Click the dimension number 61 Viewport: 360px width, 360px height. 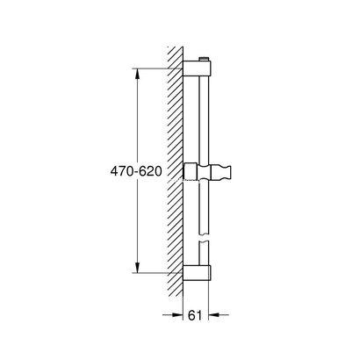(202, 313)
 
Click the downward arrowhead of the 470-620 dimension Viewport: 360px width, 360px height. (137, 267)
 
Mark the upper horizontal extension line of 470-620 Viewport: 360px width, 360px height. (158, 67)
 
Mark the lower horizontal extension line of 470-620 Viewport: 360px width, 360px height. (158, 272)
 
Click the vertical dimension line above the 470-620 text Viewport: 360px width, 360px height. (137, 114)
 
